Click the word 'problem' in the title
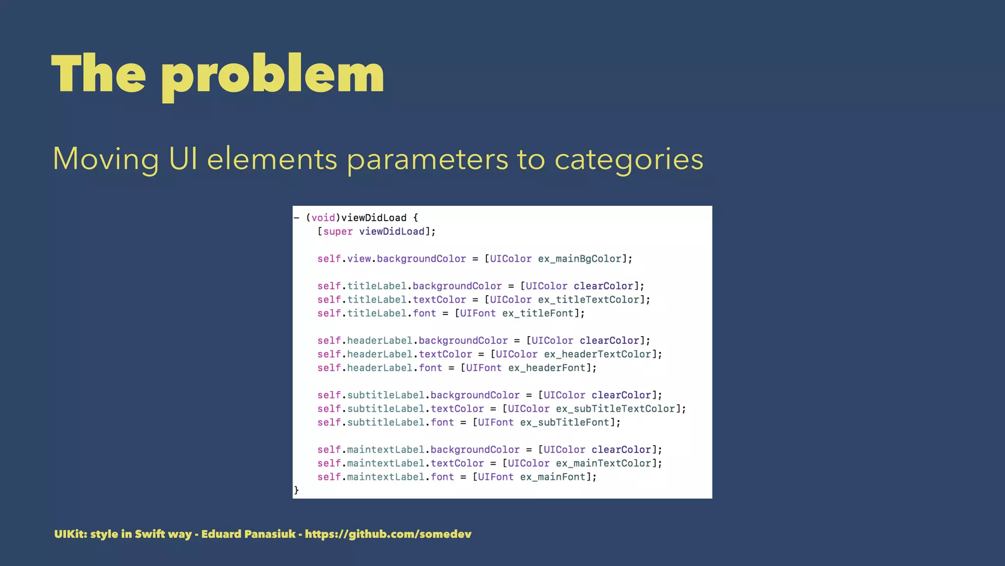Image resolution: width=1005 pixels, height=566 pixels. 272,75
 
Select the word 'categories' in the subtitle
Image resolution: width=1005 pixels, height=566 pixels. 629,160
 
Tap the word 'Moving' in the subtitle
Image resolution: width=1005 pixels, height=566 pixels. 106,160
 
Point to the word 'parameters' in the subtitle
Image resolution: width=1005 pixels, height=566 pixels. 427,160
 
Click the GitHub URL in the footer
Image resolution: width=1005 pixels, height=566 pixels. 388,534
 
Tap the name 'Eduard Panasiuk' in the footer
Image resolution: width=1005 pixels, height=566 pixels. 248,534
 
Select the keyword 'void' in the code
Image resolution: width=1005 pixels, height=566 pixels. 323,218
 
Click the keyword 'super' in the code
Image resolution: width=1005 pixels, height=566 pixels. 338,231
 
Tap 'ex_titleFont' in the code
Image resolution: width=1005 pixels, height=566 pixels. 538,313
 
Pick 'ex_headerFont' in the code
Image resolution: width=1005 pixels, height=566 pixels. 547,368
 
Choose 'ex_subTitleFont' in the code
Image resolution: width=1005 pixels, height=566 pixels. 565,423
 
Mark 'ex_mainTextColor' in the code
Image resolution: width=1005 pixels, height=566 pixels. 604,463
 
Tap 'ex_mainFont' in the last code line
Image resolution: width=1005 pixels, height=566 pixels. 553,477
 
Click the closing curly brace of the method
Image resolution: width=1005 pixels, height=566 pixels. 296,490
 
